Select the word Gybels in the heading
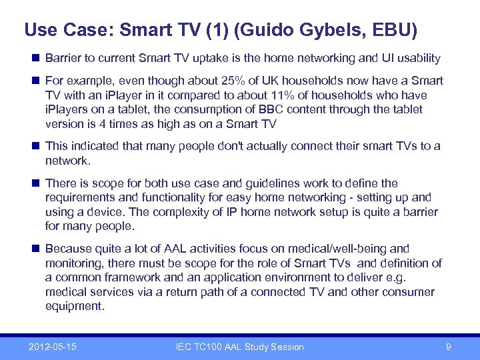pyautogui.click(x=336, y=30)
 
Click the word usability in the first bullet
pyautogui.click(x=417, y=58)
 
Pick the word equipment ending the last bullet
pyautogui.click(x=73, y=307)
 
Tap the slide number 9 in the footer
pyautogui.click(x=449, y=347)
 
